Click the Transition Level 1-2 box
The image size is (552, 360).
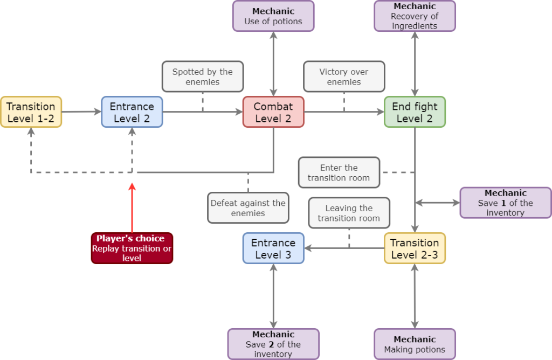[x=31, y=112]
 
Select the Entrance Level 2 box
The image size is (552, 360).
[x=132, y=112]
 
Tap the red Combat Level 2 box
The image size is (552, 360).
[x=273, y=112]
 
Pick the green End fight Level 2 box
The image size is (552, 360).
[x=415, y=112]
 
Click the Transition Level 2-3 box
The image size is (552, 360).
[x=415, y=248]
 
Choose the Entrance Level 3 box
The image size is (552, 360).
[x=273, y=248]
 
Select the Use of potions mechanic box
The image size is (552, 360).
[x=273, y=16]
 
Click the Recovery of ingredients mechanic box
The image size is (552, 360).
[x=415, y=16]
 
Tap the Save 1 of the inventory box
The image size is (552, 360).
[x=505, y=203]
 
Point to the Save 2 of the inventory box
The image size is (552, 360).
[x=273, y=344]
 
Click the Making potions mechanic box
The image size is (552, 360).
[x=415, y=344]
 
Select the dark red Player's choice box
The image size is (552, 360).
[x=132, y=248]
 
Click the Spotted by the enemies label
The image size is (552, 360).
[x=203, y=77]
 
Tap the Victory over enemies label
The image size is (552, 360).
[x=344, y=77]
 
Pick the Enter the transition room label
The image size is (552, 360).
[x=339, y=172]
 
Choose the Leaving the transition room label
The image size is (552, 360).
[x=349, y=213]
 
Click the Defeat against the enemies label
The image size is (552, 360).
[x=248, y=207]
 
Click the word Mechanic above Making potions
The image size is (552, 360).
[x=415, y=340]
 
